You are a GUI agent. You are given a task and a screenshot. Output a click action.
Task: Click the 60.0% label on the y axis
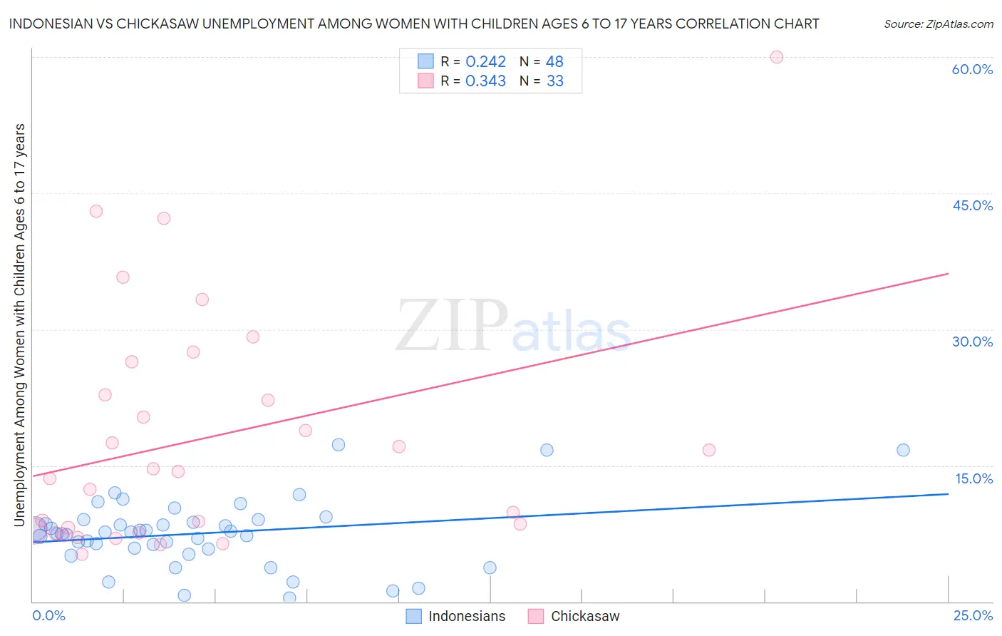coord(972,69)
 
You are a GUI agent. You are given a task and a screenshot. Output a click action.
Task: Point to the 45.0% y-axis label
coord(972,205)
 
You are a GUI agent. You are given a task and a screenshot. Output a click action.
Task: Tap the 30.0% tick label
coord(972,342)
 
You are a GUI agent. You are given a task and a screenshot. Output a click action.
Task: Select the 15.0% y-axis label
coord(973,478)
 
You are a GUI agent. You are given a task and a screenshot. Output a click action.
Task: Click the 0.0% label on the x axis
coord(48,616)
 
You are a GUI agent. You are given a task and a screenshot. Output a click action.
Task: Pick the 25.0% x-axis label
coord(973,616)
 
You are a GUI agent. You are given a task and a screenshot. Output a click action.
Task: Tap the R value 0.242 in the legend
coord(485,62)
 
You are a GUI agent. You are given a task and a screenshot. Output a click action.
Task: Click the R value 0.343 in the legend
coord(485,81)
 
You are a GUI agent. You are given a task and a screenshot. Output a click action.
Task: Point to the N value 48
coord(554,62)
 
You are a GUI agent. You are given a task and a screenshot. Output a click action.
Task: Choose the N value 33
coord(554,81)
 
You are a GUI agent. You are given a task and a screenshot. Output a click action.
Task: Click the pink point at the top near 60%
coord(777,57)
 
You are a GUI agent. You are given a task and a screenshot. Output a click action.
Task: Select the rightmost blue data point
coord(903,450)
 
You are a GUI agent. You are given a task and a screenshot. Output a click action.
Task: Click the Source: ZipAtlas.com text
coord(938,24)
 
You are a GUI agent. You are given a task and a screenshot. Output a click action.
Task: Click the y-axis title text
coord(19,324)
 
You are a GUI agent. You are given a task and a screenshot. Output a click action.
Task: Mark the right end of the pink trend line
coord(948,274)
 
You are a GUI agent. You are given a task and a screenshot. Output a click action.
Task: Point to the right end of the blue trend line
coord(948,493)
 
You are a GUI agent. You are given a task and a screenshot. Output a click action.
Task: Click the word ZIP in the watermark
coord(451,326)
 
